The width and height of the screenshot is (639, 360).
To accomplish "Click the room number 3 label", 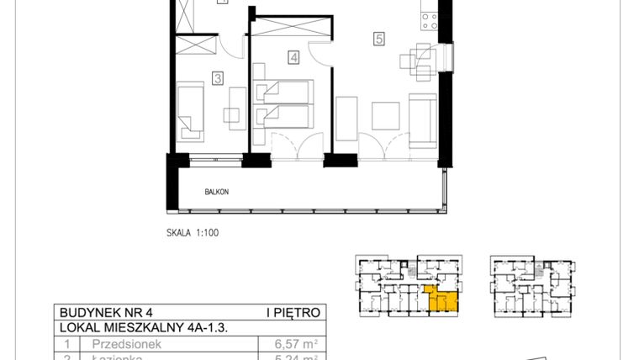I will pyautogui.click(x=218, y=79).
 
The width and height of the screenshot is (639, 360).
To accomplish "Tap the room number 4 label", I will pyautogui.click(x=293, y=58).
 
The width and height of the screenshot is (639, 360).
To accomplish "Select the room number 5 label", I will pyautogui.click(x=379, y=39).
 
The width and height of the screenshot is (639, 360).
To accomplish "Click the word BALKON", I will pyautogui.click(x=217, y=192).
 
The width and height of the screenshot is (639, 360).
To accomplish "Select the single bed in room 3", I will pyautogui.click(x=192, y=109).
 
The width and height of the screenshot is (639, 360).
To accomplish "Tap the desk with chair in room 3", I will pyautogui.click(x=232, y=113).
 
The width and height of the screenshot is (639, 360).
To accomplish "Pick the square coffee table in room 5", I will pyautogui.click(x=385, y=114).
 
